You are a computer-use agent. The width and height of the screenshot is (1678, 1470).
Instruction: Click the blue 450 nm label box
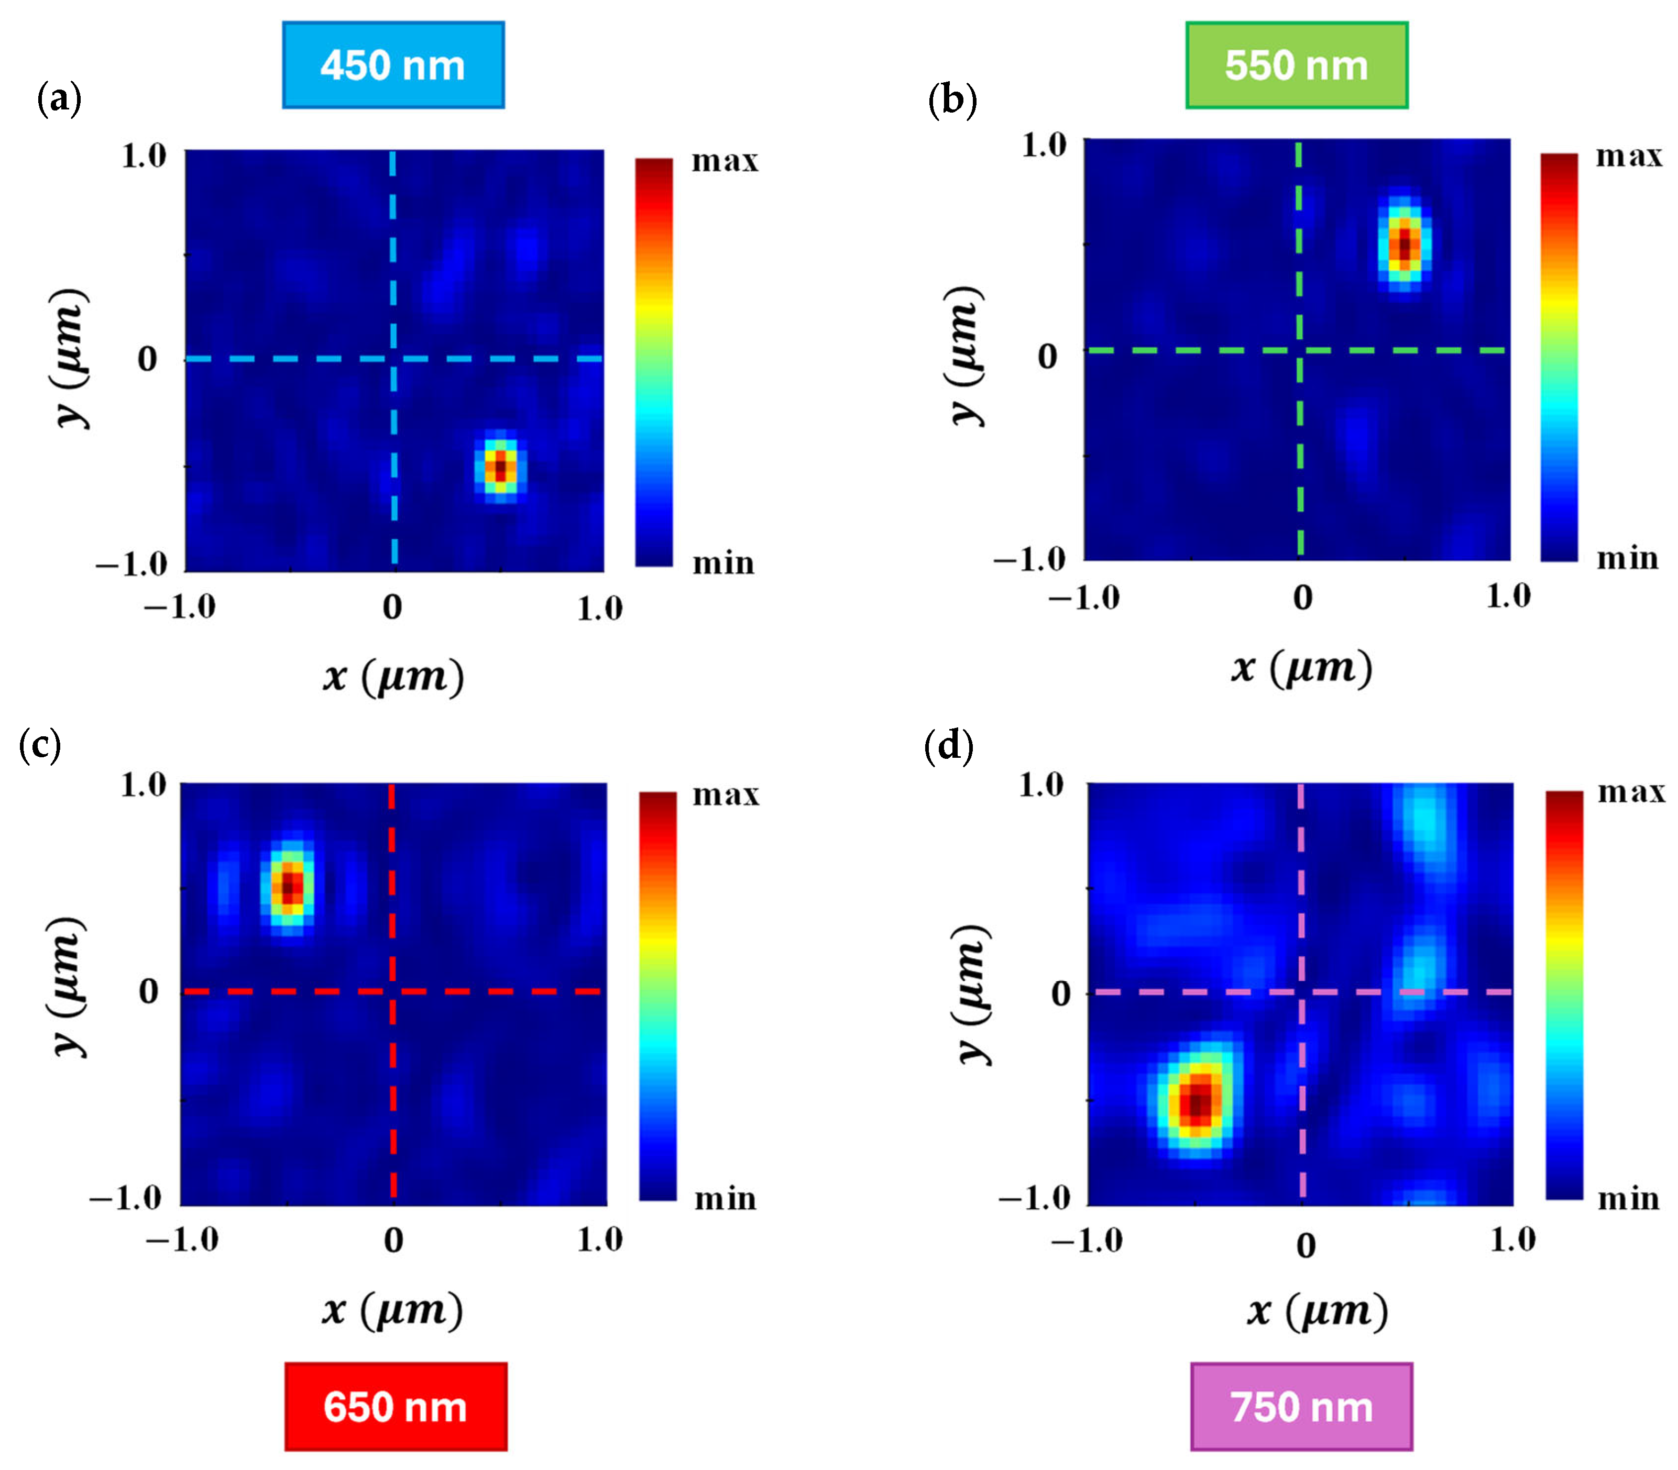[x=393, y=65]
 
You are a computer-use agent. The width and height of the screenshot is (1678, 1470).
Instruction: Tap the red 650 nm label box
[x=396, y=1406]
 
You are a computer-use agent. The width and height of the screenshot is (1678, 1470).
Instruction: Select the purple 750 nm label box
[x=1301, y=1406]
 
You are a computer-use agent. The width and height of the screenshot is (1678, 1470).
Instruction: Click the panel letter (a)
[x=60, y=100]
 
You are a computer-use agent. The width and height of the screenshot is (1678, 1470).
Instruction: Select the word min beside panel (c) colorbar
[x=725, y=1199]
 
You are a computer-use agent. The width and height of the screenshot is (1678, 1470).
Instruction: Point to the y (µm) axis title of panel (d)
[x=971, y=993]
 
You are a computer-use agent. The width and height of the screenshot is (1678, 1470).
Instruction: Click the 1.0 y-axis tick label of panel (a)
[x=144, y=156]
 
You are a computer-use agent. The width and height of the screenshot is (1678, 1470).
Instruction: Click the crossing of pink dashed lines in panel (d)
[x=1301, y=992]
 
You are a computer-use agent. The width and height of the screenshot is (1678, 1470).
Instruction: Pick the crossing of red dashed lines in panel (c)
[x=393, y=991]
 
